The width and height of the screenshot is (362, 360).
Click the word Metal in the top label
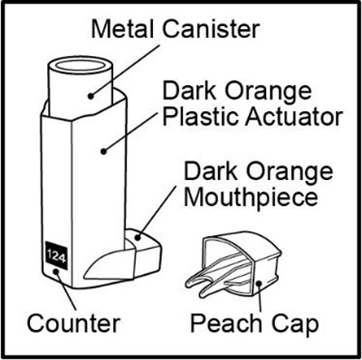125,29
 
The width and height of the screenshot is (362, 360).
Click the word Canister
212,29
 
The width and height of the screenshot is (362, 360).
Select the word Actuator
293,118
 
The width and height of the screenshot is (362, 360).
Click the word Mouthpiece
251,197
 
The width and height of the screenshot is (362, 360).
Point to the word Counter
74,323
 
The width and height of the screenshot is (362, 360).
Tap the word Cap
296,325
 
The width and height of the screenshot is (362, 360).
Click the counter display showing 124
56,255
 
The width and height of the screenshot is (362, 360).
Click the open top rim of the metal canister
81,65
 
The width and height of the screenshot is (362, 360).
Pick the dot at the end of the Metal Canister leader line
90,96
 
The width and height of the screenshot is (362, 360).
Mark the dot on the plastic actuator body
103,151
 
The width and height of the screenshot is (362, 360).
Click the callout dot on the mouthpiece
138,237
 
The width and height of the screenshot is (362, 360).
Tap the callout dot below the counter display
56,271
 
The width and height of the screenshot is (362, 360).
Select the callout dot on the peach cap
259,283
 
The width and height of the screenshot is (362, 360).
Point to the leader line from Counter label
66,290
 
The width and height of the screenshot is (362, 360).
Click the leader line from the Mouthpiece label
157,212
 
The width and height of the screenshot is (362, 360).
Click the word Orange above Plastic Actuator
269,91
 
